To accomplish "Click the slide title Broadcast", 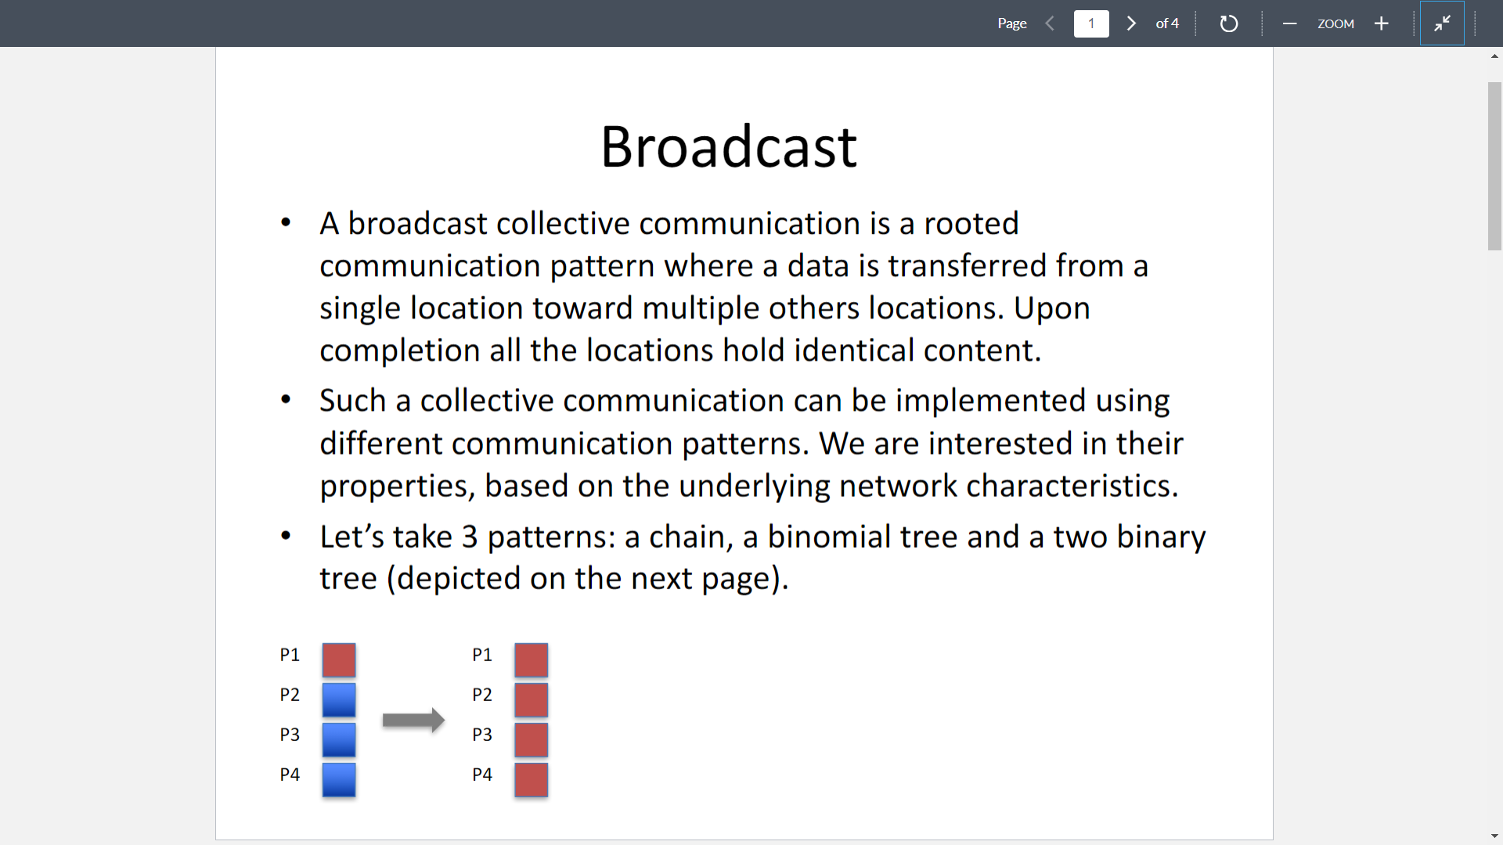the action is [x=729, y=146].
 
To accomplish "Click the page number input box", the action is [x=1091, y=23].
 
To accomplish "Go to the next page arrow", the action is [x=1131, y=23].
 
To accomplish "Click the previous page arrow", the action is [x=1050, y=23].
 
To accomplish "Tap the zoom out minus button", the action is [x=1289, y=23].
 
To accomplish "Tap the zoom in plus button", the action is [x=1382, y=23].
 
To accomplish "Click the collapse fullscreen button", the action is [x=1442, y=23].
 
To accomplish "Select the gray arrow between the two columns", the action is [x=413, y=720].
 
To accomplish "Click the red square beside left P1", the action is [x=339, y=660].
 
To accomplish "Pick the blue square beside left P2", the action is [x=339, y=700].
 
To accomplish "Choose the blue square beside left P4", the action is [x=339, y=780].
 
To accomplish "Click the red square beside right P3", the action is [x=532, y=740].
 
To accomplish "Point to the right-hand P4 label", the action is [x=482, y=775].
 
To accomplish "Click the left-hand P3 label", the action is [x=290, y=735].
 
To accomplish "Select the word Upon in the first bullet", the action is [x=1052, y=308].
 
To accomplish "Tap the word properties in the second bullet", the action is [x=394, y=486].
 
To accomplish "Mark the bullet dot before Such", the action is [x=286, y=400].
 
